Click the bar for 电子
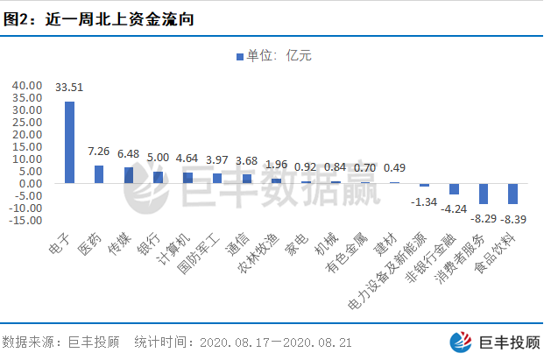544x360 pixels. [x=69, y=142]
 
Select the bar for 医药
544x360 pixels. [x=99, y=174]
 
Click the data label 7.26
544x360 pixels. [x=99, y=152]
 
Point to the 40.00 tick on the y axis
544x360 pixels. [x=26, y=85]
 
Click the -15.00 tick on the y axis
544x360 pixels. [x=25, y=220]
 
